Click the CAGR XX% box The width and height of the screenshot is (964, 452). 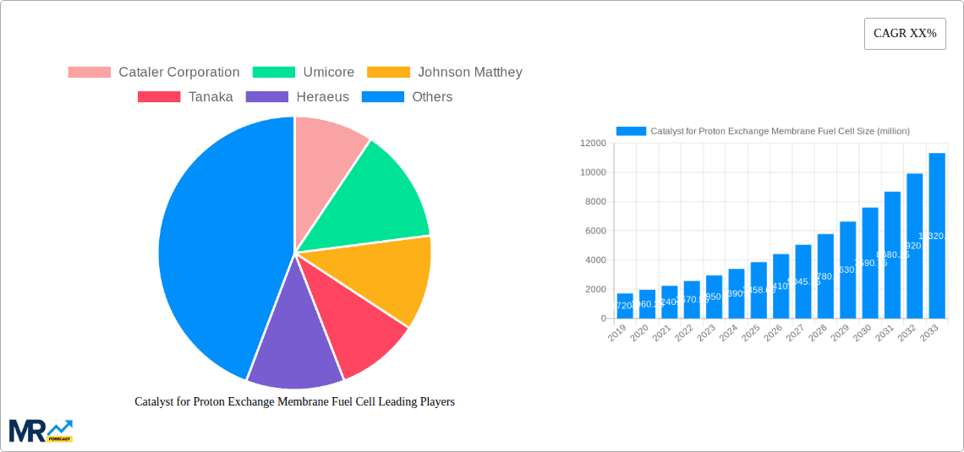(x=904, y=34)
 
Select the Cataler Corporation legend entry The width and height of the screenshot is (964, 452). (x=154, y=73)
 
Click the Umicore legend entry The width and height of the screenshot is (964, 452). (x=304, y=73)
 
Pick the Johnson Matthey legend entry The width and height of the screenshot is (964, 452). (x=446, y=73)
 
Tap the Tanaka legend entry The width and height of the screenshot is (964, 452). (x=185, y=97)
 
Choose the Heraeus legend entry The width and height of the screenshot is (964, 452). (x=297, y=97)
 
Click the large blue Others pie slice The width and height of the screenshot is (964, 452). (x=220, y=245)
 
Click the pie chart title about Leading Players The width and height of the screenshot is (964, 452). (x=294, y=402)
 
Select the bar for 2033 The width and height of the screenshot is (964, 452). (x=936, y=237)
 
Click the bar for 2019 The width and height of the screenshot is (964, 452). (x=625, y=306)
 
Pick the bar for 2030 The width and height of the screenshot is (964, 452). (x=869, y=263)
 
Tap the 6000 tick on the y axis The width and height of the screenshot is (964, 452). (x=594, y=231)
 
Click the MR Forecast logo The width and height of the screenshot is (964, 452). (x=41, y=430)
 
